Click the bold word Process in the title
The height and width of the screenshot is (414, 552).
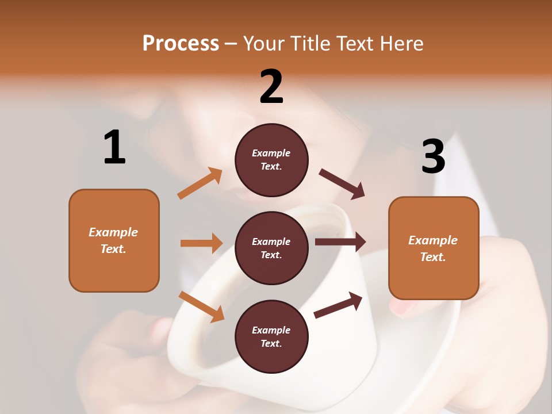[x=181, y=43]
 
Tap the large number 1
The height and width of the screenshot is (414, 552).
[x=114, y=147]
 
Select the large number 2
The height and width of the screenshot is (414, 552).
[x=271, y=87]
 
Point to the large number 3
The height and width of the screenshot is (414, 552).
[x=433, y=157]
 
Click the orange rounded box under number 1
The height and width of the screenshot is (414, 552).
[x=114, y=240]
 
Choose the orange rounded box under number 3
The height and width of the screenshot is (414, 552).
[x=434, y=248]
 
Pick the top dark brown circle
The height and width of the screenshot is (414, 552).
[x=271, y=160]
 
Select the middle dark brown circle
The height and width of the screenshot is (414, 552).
[x=271, y=248]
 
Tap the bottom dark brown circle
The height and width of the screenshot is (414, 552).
[x=271, y=336]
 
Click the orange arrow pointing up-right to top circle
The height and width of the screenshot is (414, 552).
[x=200, y=183]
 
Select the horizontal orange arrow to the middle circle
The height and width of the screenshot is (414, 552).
[x=201, y=243]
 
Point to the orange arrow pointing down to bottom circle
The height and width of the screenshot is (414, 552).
[x=201, y=306]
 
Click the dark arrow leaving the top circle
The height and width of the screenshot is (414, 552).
[x=342, y=184]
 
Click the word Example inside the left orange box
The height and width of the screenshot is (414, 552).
[x=113, y=232]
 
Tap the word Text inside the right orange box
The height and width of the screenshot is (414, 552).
[x=433, y=257]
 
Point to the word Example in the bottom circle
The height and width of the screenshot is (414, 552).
[x=271, y=330]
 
